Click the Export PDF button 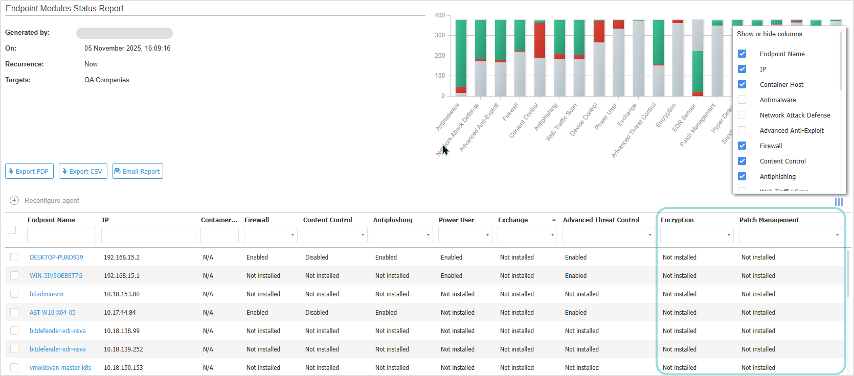[29, 171]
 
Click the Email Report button [138, 171]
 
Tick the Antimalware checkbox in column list [742, 100]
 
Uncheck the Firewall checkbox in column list [742, 146]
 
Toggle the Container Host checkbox [742, 84]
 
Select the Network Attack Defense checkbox [742, 115]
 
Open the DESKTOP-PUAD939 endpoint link [56, 257]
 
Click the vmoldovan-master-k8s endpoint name [60, 368]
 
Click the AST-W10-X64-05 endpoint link [53, 313]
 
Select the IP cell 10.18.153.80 [122, 294]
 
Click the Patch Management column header [769, 220]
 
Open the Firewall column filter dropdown [271, 235]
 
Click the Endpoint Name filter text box [61, 235]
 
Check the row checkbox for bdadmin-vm [14, 294]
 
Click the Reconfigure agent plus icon [14, 200]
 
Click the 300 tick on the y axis [440, 35]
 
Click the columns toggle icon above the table [839, 202]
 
